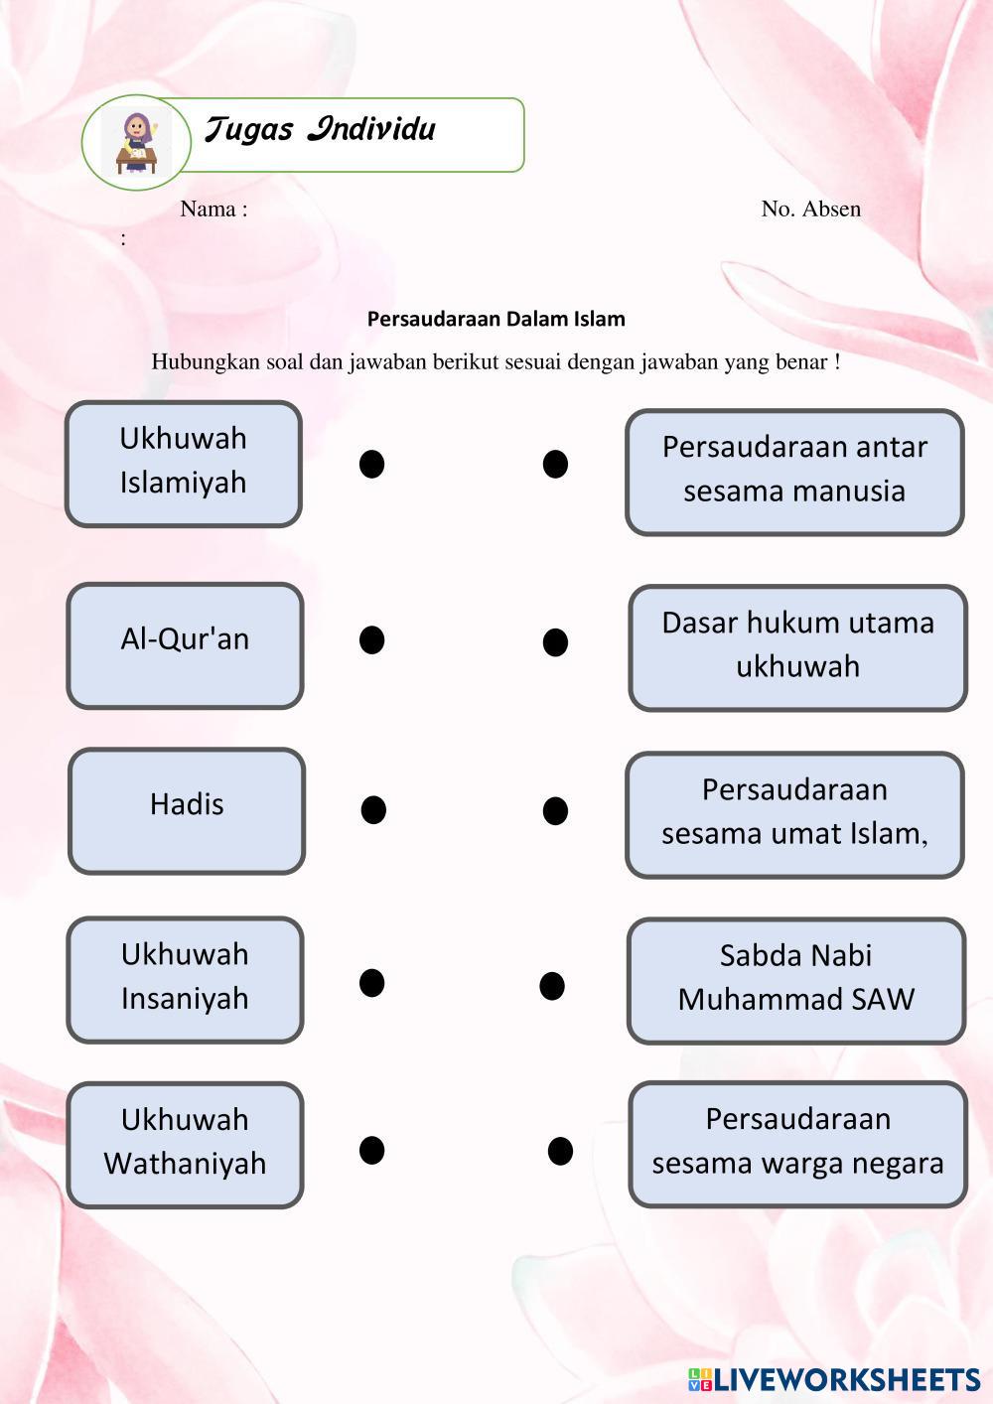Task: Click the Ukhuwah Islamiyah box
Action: coord(184,464)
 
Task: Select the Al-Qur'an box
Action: coord(185,645)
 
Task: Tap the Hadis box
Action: coord(187,811)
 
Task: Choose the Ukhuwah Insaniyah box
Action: coord(185,980)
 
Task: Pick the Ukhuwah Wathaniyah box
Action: coord(185,1145)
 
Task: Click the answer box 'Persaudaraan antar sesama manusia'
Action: coord(794,473)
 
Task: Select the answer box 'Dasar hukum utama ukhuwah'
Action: coord(797,648)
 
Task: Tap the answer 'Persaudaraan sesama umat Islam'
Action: coord(794,815)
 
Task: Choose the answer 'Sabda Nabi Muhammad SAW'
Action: coord(795,981)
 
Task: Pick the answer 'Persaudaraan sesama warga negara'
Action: coord(797,1145)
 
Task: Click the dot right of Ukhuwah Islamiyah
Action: coord(371,464)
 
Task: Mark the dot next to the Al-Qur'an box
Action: coord(371,639)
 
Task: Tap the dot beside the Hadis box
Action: coord(373,810)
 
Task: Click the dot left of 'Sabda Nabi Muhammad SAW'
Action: coord(552,986)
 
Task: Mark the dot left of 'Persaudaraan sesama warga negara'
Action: coord(560,1151)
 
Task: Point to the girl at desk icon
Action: coord(136,143)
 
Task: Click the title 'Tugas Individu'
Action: coord(320,130)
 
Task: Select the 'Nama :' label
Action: coord(213,209)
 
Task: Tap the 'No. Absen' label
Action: coord(810,209)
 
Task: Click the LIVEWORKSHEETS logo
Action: coord(834,1379)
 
